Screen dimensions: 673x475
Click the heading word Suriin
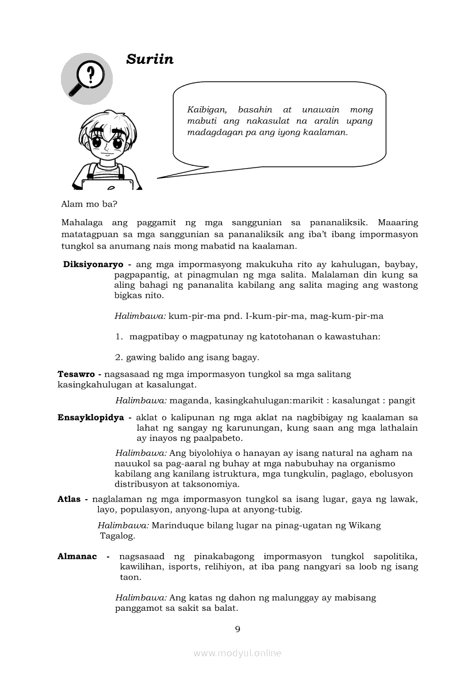tap(150, 59)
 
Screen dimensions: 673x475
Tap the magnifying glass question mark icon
tap(86, 78)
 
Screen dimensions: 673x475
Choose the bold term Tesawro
tap(76, 374)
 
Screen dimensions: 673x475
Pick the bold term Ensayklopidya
tap(91, 417)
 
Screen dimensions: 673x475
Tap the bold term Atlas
tap(69, 499)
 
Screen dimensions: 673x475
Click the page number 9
tap(237, 629)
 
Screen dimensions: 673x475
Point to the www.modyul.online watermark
tap(237, 653)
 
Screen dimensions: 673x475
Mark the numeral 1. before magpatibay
tap(118, 337)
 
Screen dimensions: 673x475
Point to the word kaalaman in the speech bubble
tap(328, 132)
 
